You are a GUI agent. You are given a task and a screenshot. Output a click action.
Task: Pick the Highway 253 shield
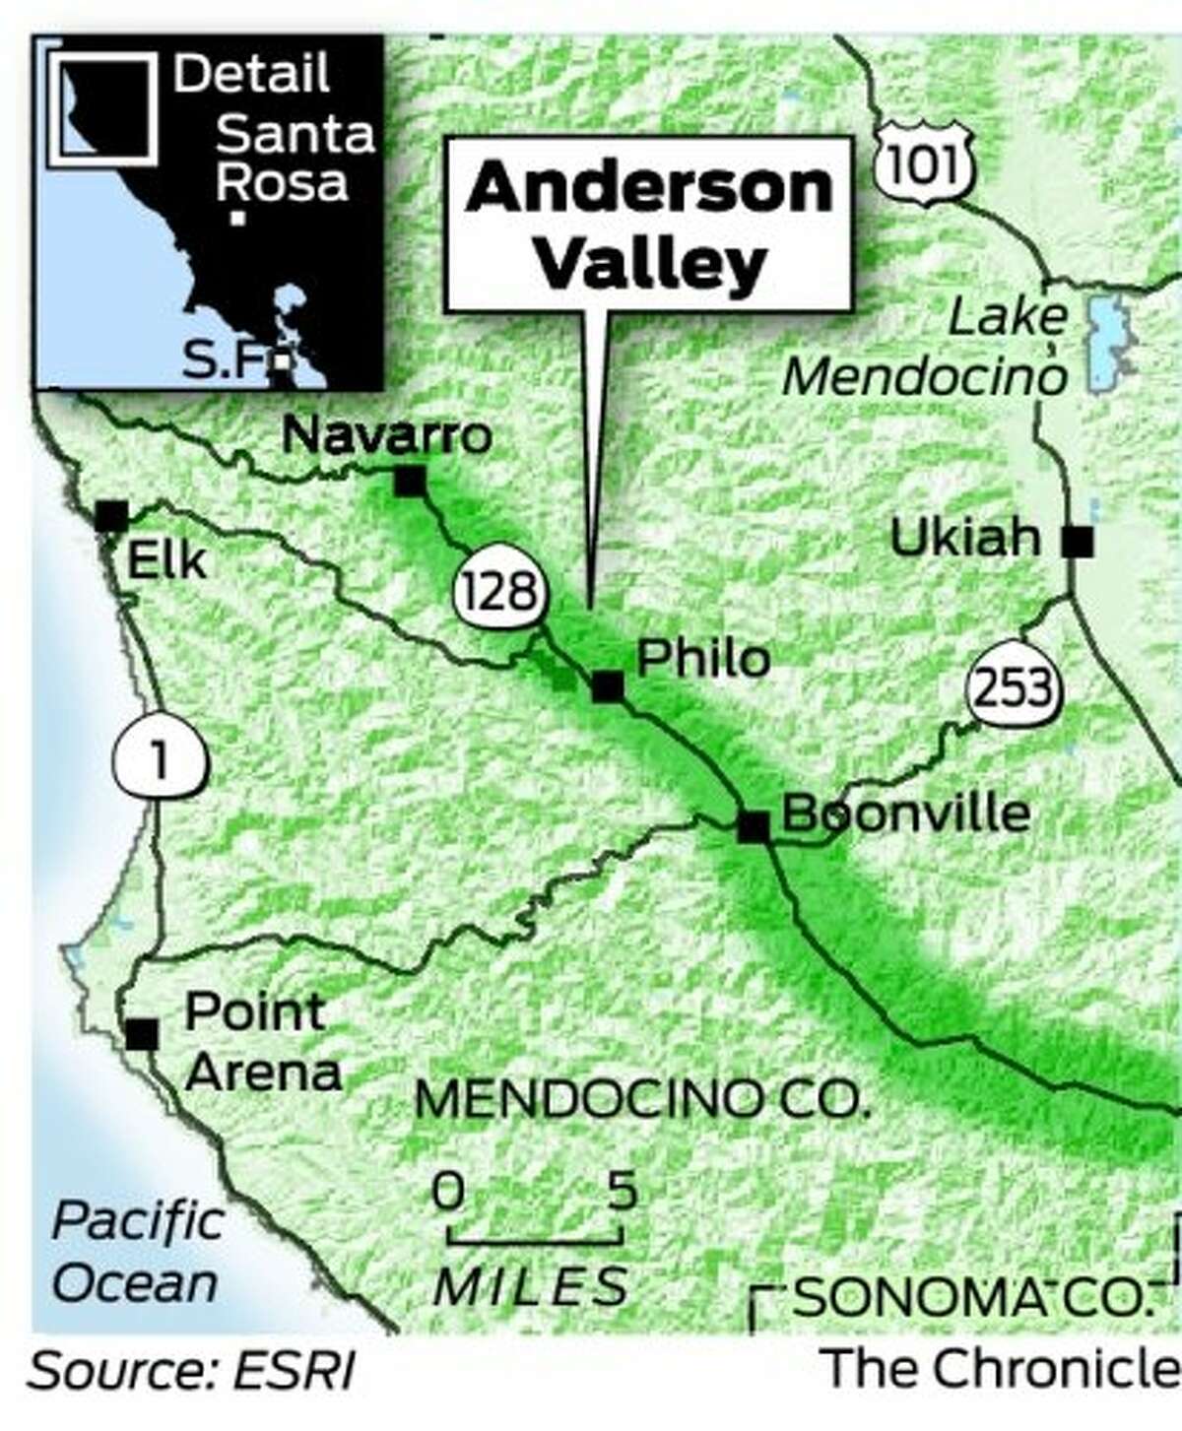pyautogui.click(x=1015, y=686)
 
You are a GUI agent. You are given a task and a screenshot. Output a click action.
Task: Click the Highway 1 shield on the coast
pyautogui.click(x=161, y=762)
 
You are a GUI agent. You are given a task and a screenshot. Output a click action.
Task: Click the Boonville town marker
pyautogui.click(x=754, y=826)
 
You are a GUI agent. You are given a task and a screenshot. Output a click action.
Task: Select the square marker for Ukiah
pyautogui.click(x=1079, y=541)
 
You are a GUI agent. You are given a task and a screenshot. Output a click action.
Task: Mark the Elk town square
pyautogui.click(x=111, y=516)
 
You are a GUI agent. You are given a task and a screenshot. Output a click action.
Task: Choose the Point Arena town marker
pyautogui.click(x=142, y=1033)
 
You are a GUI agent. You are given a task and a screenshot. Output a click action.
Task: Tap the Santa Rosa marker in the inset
pyautogui.click(x=237, y=220)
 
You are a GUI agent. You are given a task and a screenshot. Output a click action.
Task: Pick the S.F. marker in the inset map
pyautogui.click(x=283, y=361)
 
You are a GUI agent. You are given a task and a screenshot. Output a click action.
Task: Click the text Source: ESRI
pyautogui.click(x=193, y=1372)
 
